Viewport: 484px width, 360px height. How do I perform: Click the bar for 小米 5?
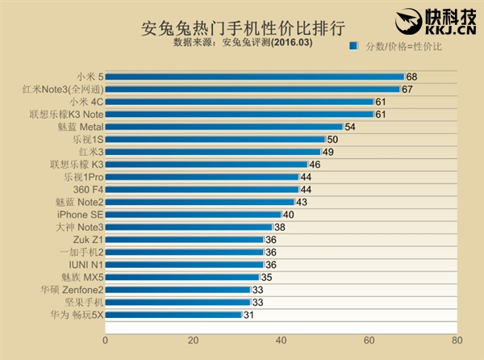tap(254, 77)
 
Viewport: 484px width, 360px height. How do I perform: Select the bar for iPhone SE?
tap(193, 214)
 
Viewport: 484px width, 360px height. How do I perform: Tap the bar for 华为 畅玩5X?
tap(173, 314)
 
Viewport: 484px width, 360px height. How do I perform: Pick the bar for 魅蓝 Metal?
tap(223, 127)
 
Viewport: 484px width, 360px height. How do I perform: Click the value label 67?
tap(407, 89)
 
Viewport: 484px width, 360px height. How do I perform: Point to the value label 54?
tap(349, 127)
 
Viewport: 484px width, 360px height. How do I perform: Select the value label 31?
tap(248, 314)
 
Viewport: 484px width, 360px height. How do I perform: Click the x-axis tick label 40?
tap(281, 340)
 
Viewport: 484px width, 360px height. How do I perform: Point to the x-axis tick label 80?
tap(457, 340)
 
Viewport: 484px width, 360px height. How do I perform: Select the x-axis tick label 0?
tap(105, 340)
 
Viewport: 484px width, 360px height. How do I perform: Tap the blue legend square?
tap(353, 48)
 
